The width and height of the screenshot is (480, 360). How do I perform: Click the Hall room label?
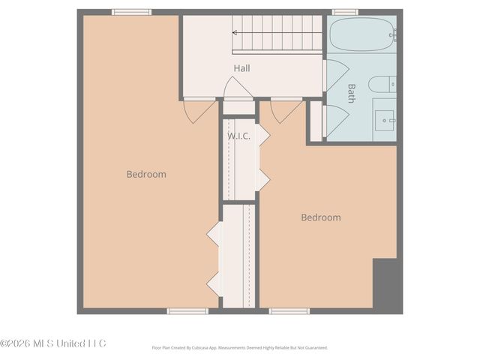coord(241,68)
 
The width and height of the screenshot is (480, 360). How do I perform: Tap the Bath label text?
coord(352,92)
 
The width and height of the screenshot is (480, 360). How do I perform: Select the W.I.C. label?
coord(238,136)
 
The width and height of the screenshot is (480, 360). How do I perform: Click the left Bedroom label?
coord(146,174)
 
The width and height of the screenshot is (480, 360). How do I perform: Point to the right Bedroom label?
coord(321,217)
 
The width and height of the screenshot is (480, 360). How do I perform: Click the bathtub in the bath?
coord(361,34)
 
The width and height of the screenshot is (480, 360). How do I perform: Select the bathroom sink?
coord(385,117)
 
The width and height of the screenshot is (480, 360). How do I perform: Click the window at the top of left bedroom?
coord(132,12)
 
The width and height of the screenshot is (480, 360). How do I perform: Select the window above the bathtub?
coord(345,12)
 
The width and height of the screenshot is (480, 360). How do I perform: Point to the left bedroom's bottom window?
coord(187,310)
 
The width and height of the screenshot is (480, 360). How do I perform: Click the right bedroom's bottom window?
coord(289,310)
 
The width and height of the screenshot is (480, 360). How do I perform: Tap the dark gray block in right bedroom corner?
coord(387,285)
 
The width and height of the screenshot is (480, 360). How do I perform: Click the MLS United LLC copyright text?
coord(53,343)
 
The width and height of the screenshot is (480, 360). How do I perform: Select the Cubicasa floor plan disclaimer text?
coord(239,348)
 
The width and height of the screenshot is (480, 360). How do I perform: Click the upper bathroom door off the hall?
coord(334,76)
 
